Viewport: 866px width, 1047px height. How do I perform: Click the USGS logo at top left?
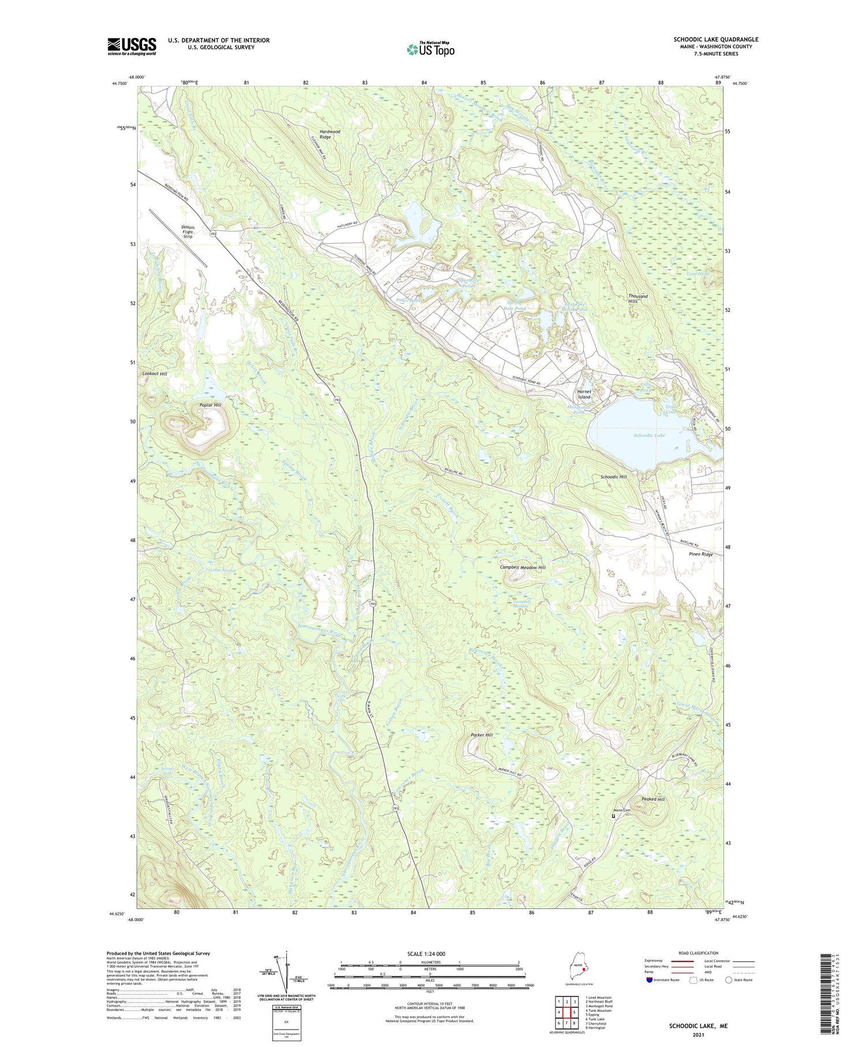[x=132, y=46]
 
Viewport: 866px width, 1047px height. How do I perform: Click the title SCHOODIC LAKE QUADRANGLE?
[x=715, y=39]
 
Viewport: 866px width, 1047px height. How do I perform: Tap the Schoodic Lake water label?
[x=649, y=435]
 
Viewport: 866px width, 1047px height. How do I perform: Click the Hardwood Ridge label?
[x=330, y=135]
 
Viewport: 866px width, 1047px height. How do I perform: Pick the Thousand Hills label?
[x=637, y=299]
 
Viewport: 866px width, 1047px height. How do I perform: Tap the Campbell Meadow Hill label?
[x=522, y=568]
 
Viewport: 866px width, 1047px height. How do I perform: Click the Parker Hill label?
[x=481, y=735]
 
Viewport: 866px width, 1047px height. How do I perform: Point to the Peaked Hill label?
[x=653, y=799]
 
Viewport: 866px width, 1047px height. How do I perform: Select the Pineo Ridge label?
[x=701, y=554]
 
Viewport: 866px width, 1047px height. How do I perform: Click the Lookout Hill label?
[x=155, y=374]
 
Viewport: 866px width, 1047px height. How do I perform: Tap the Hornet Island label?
[x=584, y=394]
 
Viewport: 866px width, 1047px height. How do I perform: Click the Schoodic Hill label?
[x=613, y=477]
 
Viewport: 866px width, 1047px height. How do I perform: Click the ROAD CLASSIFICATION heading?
[x=698, y=953]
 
